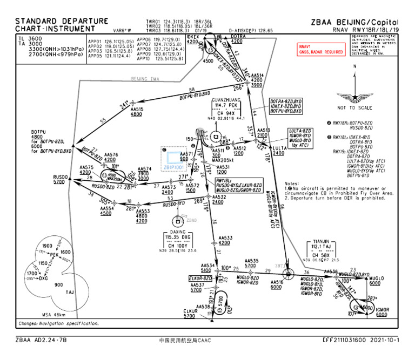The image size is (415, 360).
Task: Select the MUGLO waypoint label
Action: [377, 276]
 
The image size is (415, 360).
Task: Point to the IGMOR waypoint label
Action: [383, 309]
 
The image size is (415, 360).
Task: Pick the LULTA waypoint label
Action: [279, 147]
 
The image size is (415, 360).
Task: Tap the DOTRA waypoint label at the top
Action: [238, 36]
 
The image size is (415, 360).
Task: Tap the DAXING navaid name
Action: [178, 233]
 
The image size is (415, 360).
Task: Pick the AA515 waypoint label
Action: [137, 109]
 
